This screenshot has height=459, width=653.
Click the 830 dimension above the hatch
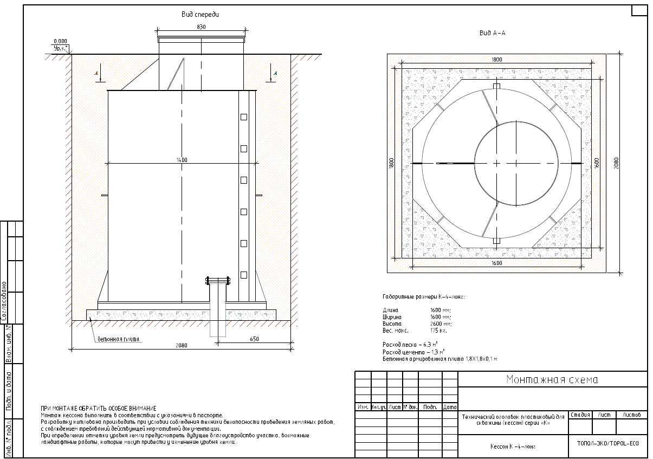(201, 27)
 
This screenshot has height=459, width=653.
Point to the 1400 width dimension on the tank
(182, 160)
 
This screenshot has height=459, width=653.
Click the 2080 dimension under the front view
(182, 345)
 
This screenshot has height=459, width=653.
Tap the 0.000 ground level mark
(60, 41)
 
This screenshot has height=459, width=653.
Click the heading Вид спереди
(200, 15)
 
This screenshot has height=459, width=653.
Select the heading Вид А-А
(492, 33)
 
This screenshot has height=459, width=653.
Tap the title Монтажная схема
(552, 379)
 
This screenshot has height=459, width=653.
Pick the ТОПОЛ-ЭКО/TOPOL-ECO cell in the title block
(607, 443)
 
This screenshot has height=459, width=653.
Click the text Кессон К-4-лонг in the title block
(513, 447)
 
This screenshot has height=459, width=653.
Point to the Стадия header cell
(580, 415)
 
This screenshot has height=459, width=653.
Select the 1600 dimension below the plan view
(497, 263)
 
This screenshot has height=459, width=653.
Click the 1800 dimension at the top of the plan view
(497, 60)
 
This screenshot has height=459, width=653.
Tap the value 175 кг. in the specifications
(437, 330)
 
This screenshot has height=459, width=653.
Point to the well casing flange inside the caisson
(217, 281)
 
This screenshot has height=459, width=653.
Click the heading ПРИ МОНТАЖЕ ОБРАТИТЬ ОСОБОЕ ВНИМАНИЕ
(99, 408)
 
